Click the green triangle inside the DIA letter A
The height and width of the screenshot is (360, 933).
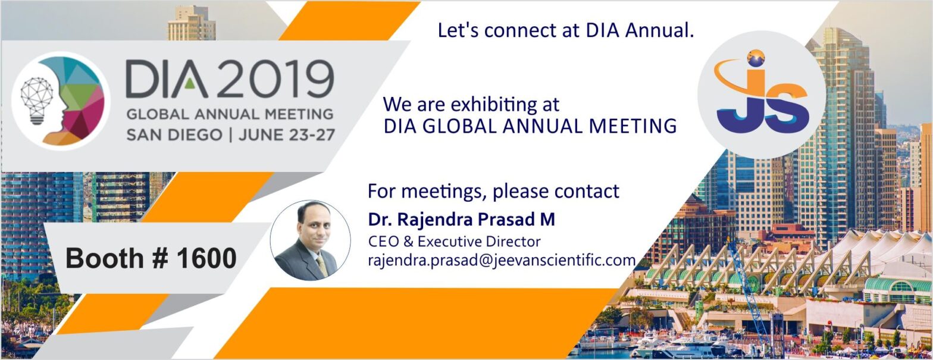pyautogui.click(x=190, y=84)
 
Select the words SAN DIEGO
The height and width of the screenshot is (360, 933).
pyautogui.click(x=174, y=135)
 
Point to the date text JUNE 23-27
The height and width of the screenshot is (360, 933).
pyautogui.click(x=287, y=135)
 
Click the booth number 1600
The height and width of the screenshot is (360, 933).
pyautogui.click(x=206, y=258)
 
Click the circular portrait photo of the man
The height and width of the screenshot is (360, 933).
pyautogui.click(x=311, y=240)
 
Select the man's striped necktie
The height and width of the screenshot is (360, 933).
pyautogui.click(x=321, y=266)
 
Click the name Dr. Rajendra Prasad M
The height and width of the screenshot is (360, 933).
pyautogui.click(x=462, y=220)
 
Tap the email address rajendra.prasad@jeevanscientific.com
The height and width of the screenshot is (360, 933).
pyautogui.click(x=502, y=261)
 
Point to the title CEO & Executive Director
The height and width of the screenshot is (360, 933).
pyautogui.click(x=455, y=241)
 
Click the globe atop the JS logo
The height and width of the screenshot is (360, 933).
pyautogui.click(x=756, y=58)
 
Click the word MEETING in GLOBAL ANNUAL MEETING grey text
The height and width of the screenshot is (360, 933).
pyautogui.click(x=298, y=114)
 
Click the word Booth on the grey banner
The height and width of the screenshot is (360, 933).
pyautogui.click(x=105, y=258)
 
